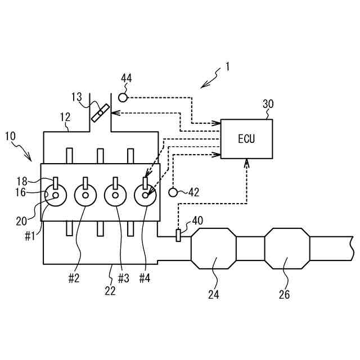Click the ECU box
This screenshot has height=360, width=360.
click(246, 138)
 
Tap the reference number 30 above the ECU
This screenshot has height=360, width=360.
click(268, 104)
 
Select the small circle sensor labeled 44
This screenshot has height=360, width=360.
click(122, 98)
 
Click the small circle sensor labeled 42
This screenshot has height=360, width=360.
click(173, 192)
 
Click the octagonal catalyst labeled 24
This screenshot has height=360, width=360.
click(214, 247)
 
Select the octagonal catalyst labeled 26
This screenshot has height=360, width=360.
click(287, 247)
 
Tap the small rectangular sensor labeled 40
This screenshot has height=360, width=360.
click(178, 236)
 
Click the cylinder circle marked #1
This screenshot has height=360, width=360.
click(56, 195)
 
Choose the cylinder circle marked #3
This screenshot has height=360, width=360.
click(115, 195)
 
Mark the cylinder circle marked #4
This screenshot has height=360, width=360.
click(146, 195)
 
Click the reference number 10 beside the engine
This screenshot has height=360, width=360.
click(11, 136)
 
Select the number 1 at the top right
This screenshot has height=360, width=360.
click(227, 66)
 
